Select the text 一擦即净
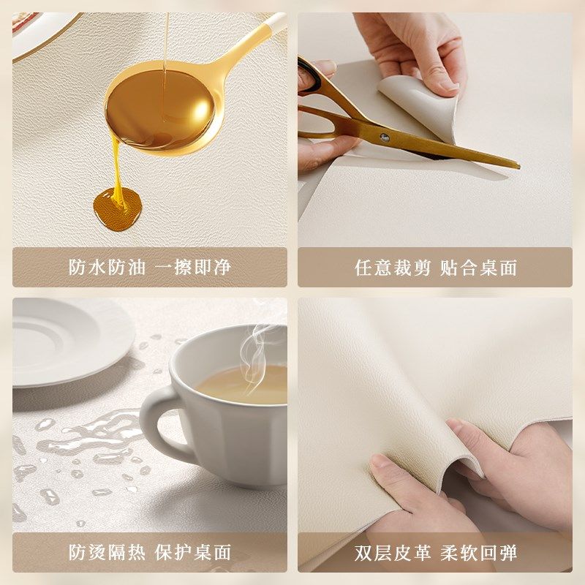tap(193, 268)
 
